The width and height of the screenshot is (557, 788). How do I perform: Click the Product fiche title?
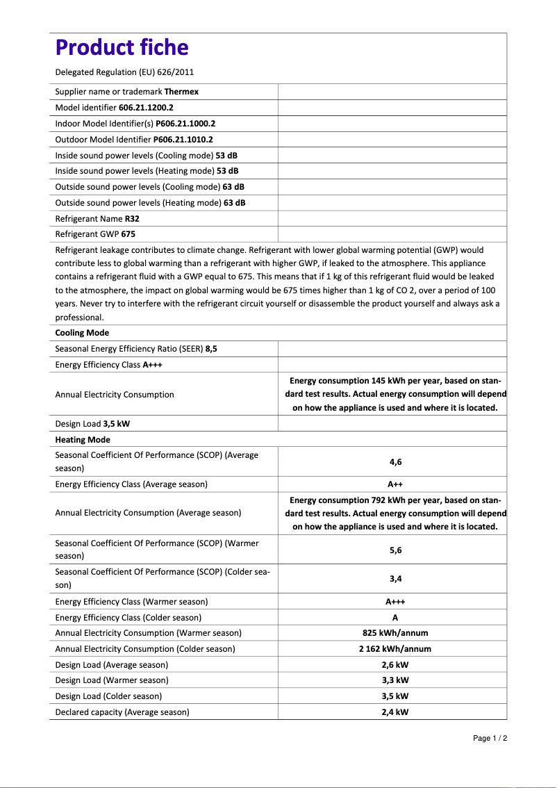pos(122,47)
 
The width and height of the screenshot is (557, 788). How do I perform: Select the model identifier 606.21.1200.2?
pos(146,108)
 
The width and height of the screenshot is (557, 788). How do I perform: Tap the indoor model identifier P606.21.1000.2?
pos(185,124)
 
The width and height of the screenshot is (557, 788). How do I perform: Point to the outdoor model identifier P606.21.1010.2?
pos(183,140)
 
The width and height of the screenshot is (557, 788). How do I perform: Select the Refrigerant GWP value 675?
pos(128,235)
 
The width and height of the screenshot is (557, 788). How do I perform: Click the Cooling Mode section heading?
pos(82,333)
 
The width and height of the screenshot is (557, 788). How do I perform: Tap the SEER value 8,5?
pos(211,349)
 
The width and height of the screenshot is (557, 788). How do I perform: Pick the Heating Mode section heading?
pos(83,440)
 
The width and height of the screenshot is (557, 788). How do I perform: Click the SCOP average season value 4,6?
pos(395,461)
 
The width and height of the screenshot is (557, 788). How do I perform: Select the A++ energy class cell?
pos(395,484)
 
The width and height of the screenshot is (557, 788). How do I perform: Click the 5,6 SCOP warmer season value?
pos(395,550)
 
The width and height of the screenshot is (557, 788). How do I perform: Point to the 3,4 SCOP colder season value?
pos(395,578)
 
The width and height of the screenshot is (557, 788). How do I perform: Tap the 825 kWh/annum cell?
pos(395,633)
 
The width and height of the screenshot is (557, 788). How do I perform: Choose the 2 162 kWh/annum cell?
pos(395,649)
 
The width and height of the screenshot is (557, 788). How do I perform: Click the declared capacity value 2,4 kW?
pos(395,712)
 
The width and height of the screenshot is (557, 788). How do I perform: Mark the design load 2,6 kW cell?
pos(395,665)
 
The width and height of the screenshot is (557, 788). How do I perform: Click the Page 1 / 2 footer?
pos(490,738)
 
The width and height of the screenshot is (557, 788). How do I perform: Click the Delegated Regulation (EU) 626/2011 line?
pos(124,72)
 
